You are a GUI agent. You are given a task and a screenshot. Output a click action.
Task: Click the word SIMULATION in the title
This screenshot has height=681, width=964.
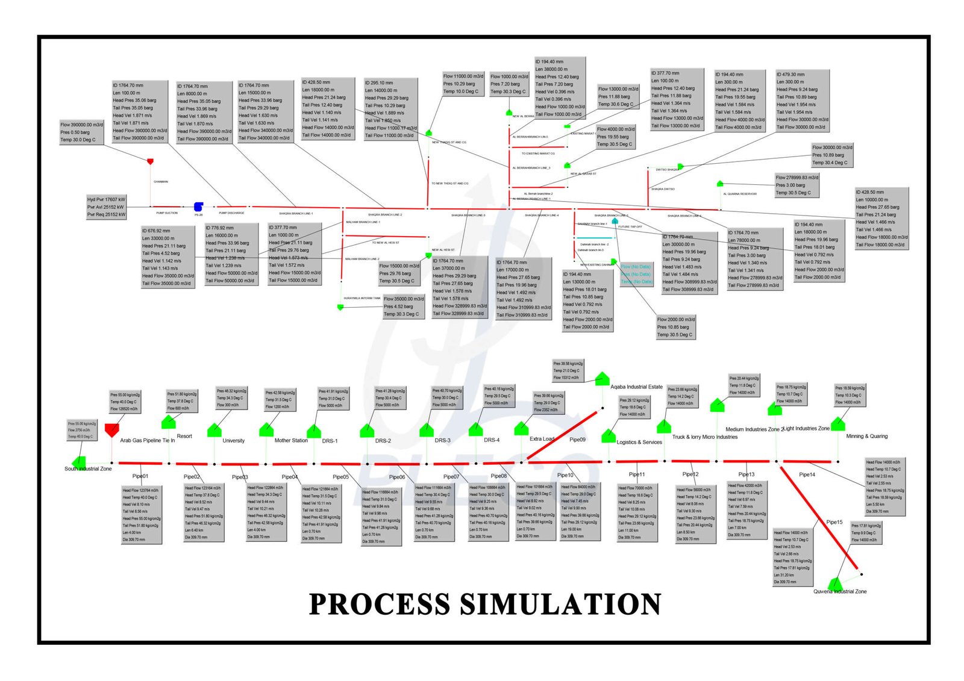(561, 604)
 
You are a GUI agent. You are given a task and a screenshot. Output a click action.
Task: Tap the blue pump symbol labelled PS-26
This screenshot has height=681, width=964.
(198, 207)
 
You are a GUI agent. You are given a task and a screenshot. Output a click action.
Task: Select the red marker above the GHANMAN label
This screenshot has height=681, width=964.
(150, 161)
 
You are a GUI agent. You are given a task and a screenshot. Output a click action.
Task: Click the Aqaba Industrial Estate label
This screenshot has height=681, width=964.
(636, 387)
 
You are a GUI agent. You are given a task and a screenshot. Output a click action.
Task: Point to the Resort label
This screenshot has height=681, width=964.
(184, 436)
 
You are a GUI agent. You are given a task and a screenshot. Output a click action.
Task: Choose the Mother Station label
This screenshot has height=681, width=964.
(291, 441)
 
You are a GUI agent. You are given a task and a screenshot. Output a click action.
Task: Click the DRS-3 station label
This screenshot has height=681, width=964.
(442, 441)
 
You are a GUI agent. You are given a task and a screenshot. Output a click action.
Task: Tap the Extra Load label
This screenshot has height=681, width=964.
(542, 439)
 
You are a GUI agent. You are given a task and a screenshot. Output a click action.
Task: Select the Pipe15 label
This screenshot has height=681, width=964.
(834, 522)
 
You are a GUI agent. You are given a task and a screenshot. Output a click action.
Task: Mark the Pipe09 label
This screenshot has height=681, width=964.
(577, 440)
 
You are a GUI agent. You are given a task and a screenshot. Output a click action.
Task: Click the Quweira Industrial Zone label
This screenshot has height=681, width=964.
(840, 591)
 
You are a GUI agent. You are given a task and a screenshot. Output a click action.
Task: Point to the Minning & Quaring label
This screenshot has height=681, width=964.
(866, 436)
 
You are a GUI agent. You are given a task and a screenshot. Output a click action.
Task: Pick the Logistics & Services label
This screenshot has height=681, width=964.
(639, 442)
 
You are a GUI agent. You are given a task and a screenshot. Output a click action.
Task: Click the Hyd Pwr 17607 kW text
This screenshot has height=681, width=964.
(106, 199)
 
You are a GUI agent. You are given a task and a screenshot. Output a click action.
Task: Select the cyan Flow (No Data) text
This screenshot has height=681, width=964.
(636, 266)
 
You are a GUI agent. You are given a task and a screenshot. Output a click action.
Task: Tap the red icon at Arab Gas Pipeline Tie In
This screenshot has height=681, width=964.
(111, 429)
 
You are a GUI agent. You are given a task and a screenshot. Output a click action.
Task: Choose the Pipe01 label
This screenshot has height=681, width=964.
(140, 476)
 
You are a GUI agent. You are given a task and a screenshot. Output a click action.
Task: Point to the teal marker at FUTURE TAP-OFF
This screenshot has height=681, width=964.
(615, 222)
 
